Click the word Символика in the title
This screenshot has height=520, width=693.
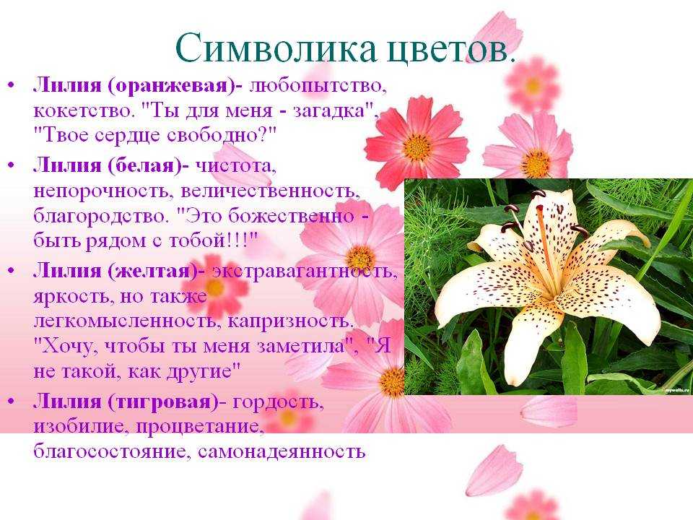(x=276, y=48)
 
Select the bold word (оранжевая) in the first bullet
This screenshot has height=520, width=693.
(x=172, y=85)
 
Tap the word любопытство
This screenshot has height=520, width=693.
(x=318, y=86)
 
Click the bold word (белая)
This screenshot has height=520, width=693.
(x=144, y=166)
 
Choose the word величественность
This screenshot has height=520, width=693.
(x=270, y=191)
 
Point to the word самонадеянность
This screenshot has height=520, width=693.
(x=282, y=452)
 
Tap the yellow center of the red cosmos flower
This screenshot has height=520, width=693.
(x=417, y=147)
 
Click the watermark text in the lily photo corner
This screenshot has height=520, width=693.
(x=677, y=389)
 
